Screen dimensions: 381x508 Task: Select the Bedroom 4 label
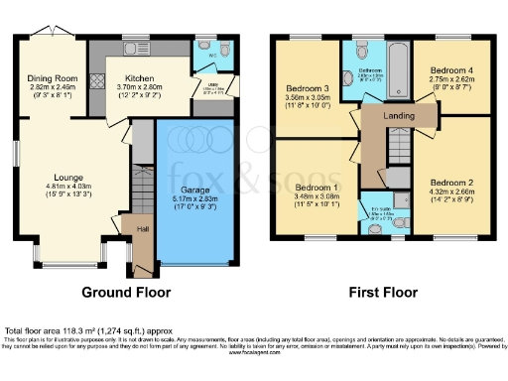(x=451, y=71)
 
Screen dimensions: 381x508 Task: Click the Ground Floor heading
(x=127, y=293)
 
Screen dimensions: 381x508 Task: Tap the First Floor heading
(x=382, y=293)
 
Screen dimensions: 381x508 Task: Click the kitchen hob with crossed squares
(x=96, y=82)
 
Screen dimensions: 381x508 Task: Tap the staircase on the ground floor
(x=141, y=183)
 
